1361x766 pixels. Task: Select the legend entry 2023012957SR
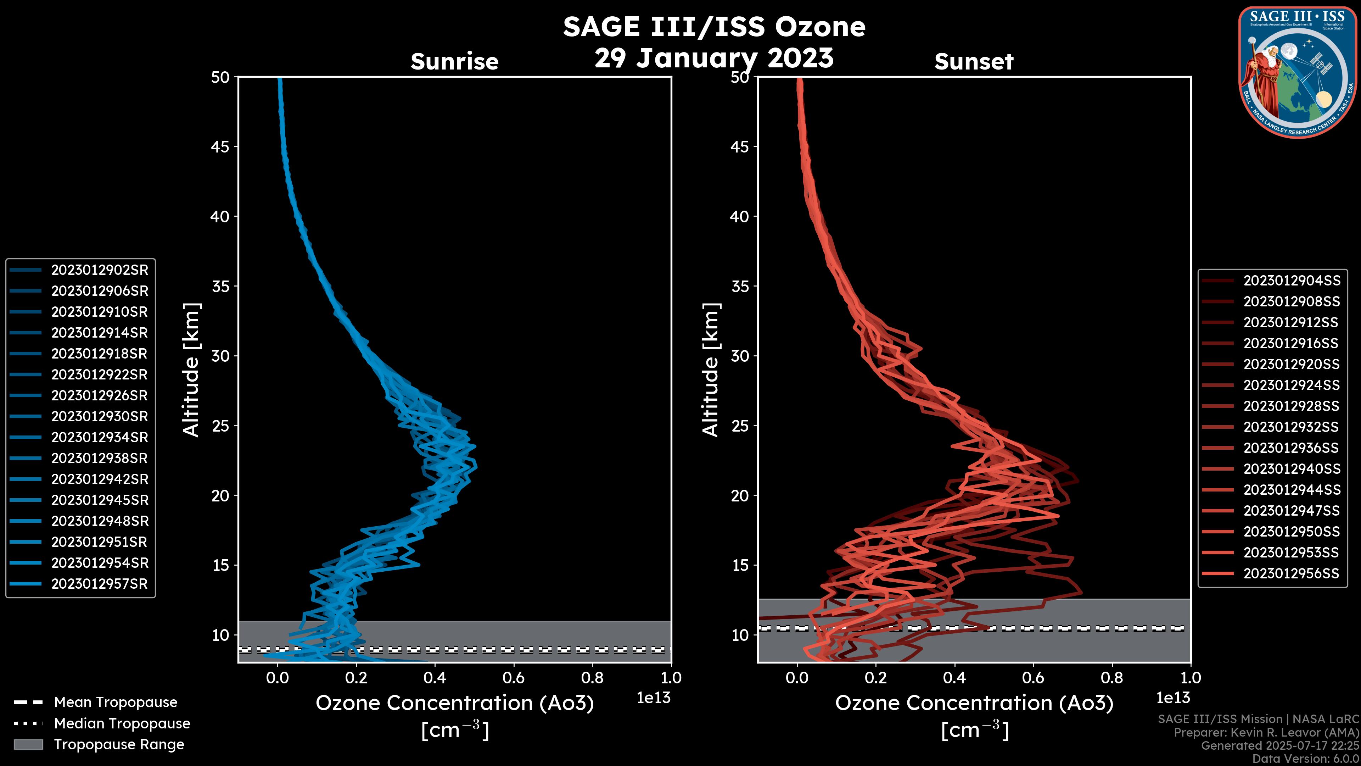click(99, 584)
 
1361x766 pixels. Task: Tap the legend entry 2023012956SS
click(1291, 573)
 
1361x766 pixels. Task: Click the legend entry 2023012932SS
click(1291, 427)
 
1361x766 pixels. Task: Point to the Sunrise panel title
click(454, 62)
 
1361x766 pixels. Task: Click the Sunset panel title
click(974, 62)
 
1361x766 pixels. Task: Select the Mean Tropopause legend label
click(116, 703)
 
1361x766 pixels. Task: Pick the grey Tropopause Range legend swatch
click(28, 745)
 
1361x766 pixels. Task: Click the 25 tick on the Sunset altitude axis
click(740, 426)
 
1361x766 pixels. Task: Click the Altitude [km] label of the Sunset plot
click(711, 370)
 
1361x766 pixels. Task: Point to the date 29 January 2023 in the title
click(714, 58)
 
